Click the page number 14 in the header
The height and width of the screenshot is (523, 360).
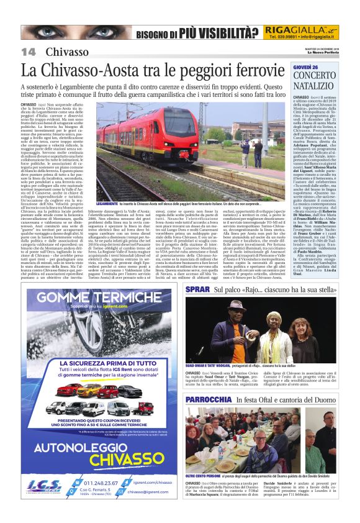click(x=29, y=52)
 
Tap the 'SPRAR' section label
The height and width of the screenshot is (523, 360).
click(x=196, y=290)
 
